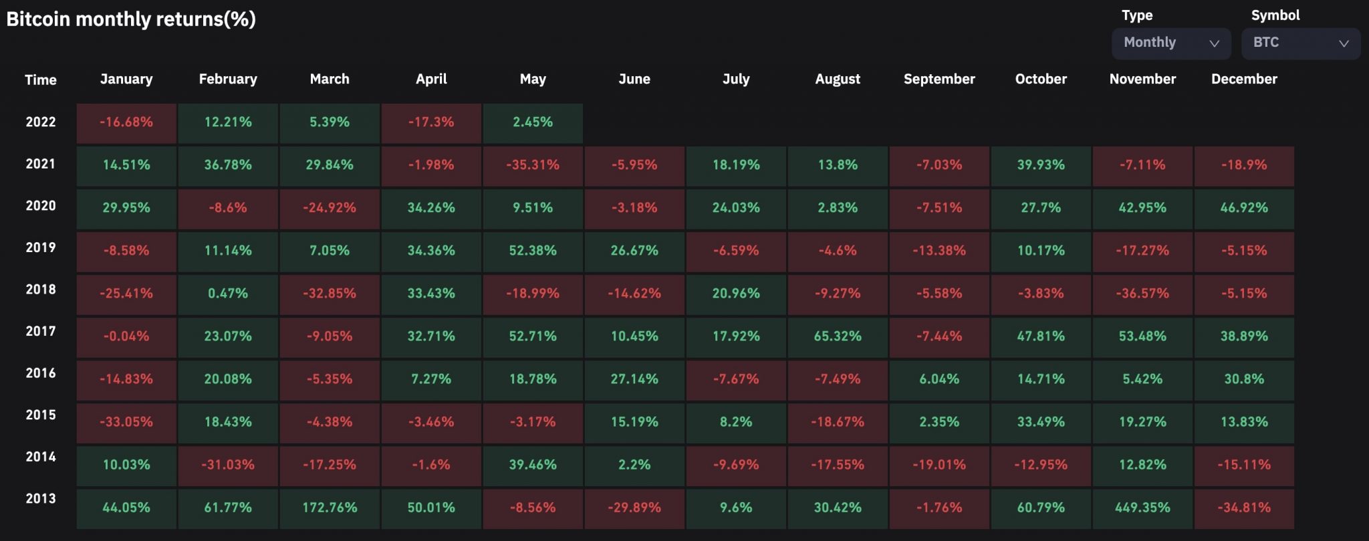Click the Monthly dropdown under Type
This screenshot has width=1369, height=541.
(x=1170, y=43)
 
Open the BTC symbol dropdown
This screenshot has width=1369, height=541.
(x=1300, y=43)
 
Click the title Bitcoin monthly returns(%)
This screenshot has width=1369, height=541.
(x=131, y=19)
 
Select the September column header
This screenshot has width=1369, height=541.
(x=939, y=79)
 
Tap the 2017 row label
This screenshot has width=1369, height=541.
(x=41, y=331)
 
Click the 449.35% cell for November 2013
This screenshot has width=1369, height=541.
(x=1142, y=508)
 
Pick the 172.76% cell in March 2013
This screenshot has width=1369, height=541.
(x=330, y=508)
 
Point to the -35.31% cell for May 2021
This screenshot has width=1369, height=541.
(x=533, y=165)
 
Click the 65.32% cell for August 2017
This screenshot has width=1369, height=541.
(x=838, y=336)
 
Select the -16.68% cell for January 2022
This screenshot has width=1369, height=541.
(x=126, y=122)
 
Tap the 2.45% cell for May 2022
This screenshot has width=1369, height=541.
(x=533, y=122)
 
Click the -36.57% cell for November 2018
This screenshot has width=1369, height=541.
(x=1142, y=294)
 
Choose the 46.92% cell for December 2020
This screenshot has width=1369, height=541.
(x=1244, y=208)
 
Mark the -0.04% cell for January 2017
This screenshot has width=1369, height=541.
(x=126, y=336)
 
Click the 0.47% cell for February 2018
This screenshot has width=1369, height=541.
(x=228, y=294)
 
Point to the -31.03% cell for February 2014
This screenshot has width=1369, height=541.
(x=228, y=465)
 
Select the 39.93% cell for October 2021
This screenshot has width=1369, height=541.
(x=1041, y=165)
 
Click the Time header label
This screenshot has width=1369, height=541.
(x=41, y=80)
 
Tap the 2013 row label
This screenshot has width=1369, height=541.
(x=41, y=498)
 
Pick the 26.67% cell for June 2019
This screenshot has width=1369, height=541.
(x=634, y=251)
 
